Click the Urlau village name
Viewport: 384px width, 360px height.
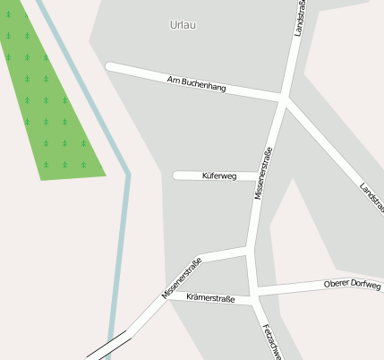[x=183, y=25]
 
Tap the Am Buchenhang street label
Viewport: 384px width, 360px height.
[x=196, y=85]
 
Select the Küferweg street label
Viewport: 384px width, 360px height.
[x=219, y=176]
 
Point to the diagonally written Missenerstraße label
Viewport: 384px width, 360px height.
[x=182, y=278]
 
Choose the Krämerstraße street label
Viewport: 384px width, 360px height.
[x=211, y=298]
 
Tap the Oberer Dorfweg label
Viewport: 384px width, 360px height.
[x=352, y=286]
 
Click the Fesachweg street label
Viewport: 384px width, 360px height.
[x=272, y=339]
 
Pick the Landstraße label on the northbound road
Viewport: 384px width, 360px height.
[x=300, y=18]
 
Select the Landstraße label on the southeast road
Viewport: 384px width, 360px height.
[x=371, y=199]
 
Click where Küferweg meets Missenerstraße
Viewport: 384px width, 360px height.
[x=256, y=176]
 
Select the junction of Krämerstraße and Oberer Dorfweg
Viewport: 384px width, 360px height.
[x=254, y=295]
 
